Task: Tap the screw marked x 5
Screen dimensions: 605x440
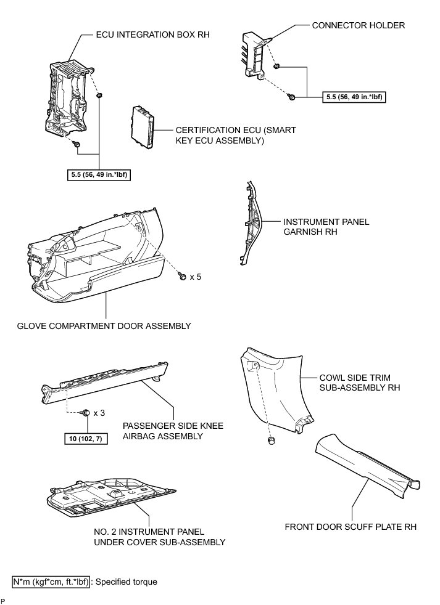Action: (x=183, y=277)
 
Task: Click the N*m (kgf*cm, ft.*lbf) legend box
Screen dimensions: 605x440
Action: (x=51, y=582)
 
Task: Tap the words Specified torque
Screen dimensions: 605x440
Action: (x=126, y=582)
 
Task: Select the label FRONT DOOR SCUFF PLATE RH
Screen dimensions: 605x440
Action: (x=351, y=527)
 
